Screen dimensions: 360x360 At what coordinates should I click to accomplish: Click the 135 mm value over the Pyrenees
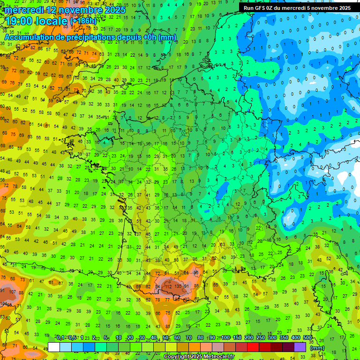click(178, 286)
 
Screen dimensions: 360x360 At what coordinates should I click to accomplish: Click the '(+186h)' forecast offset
click(84, 21)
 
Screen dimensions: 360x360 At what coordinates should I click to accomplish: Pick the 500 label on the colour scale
click(307, 338)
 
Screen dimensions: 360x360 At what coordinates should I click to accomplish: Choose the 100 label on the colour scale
click(225, 338)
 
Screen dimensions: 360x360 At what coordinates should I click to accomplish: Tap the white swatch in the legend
click(54, 347)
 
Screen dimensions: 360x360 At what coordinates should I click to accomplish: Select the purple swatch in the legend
click(300, 347)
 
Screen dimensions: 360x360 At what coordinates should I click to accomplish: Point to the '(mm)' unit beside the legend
click(317, 348)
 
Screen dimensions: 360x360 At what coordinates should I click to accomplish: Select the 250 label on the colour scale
click(261, 338)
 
